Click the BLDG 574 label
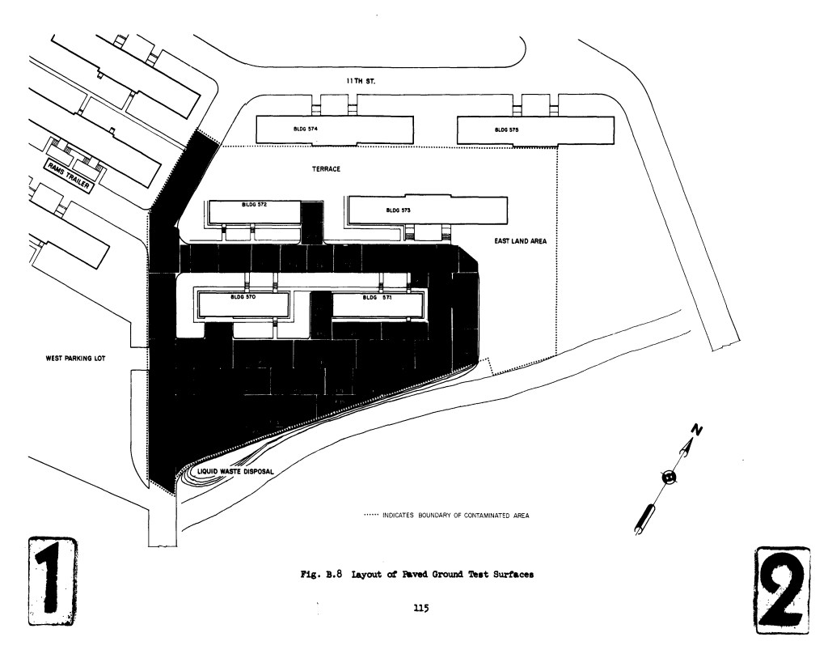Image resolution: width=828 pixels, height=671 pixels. point(305,128)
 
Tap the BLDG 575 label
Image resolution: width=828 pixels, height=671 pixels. point(506,130)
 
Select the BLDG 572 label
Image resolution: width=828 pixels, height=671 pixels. point(254,205)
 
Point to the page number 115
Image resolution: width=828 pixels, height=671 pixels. point(420,609)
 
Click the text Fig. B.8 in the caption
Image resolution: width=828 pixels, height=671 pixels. point(323,574)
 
